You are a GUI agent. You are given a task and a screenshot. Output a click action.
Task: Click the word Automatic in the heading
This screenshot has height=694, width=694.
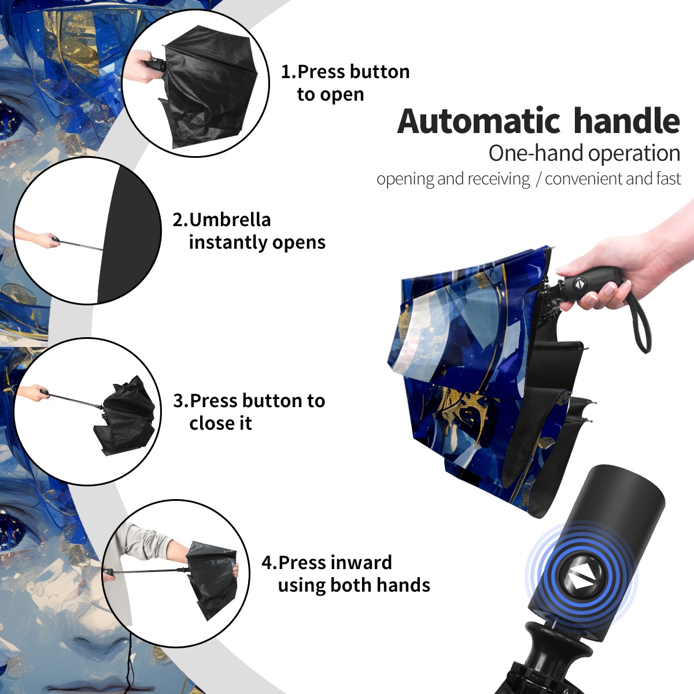click(x=479, y=121)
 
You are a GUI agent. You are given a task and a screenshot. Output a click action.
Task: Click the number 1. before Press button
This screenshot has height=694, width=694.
click(x=288, y=72)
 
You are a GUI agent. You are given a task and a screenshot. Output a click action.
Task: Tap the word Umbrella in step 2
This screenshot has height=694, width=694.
click(x=230, y=220)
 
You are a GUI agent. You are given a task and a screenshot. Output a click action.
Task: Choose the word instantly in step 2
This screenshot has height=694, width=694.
click(x=228, y=242)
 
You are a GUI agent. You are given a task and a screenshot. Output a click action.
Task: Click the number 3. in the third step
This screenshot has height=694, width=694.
click(x=181, y=400)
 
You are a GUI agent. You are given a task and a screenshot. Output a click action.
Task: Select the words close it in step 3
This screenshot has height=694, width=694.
click(x=220, y=423)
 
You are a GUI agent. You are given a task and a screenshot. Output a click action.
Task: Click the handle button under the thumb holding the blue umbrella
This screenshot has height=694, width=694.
click(x=580, y=283)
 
